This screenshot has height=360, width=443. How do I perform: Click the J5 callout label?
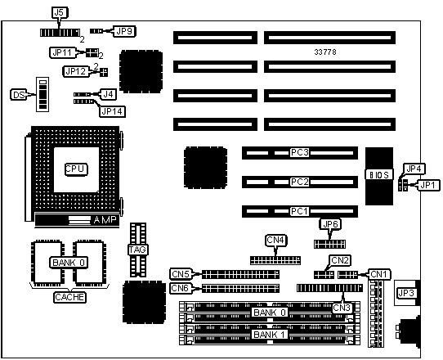60,12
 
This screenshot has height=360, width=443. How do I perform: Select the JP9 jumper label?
124,31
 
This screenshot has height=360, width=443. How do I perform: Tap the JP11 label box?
62,52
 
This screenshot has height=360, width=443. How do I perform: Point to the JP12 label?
75,71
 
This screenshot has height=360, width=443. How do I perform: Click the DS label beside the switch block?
19,95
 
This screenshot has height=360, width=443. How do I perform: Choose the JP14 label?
113,111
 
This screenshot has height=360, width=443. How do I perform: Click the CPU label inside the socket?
75,169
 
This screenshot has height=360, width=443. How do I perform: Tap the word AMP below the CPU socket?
105,219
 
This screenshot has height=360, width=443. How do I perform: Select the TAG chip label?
138,250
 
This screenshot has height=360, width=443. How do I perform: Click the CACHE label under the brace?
69,297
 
